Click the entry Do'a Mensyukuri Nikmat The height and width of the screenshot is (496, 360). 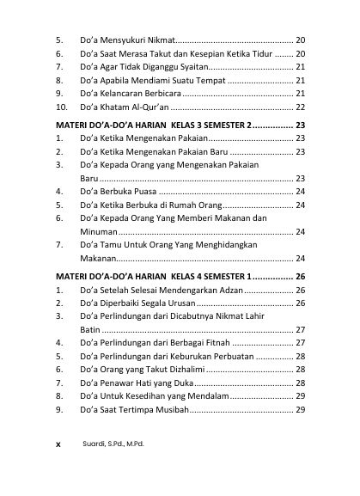click(127, 40)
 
